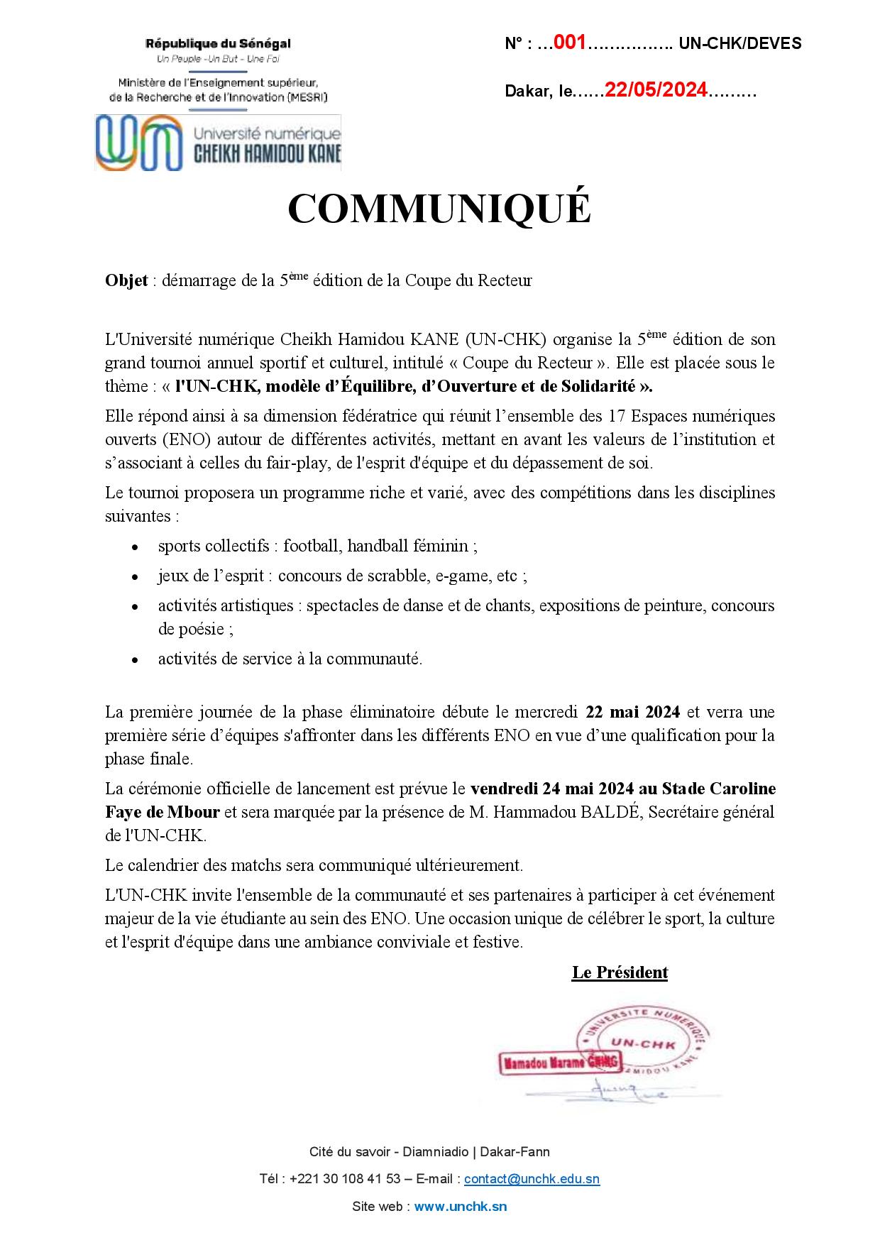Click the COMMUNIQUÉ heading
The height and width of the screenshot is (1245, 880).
(x=439, y=209)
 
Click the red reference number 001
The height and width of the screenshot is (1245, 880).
(x=569, y=43)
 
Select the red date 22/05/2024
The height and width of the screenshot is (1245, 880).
(x=656, y=90)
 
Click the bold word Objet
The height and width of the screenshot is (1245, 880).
(x=126, y=281)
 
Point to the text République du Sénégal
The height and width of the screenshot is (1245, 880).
(x=218, y=44)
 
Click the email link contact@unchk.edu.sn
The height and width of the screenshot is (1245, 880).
(x=532, y=1179)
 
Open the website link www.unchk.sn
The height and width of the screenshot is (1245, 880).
(x=460, y=1206)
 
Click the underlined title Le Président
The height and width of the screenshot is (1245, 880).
(x=620, y=972)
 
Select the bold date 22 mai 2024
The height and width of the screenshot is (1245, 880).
(x=632, y=712)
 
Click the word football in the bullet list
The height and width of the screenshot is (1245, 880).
(x=312, y=546)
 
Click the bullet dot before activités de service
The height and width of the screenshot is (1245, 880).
(x=135, y=660)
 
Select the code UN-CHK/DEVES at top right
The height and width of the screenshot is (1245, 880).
(x=740, y=44)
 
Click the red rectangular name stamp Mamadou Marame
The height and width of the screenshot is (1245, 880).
(x=561, y=1063)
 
